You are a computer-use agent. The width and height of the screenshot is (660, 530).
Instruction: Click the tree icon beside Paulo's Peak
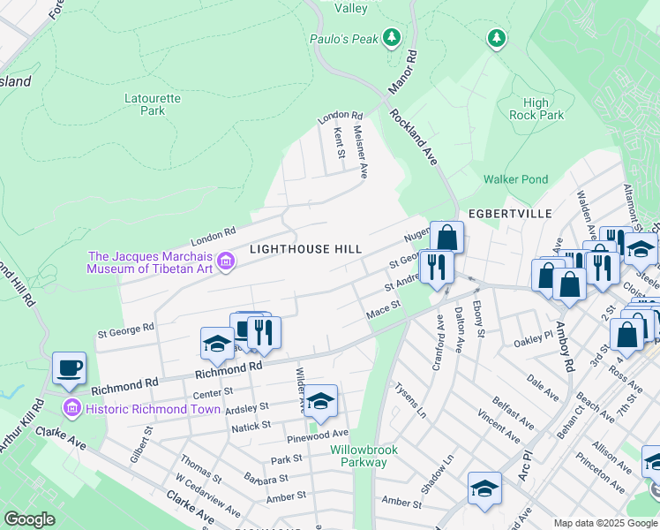[x=392, y=38]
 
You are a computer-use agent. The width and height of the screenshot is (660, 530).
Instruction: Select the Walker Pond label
[x=515, y=179]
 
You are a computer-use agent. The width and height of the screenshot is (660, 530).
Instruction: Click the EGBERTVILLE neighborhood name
[x=510, y=214]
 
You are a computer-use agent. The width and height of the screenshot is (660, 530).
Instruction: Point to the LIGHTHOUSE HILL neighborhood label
[x=305, y=249]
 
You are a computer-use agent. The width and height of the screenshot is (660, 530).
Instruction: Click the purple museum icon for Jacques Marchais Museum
[x=225, y=261]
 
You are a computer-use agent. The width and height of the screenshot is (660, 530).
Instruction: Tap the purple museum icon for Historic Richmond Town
[x=71, y=408]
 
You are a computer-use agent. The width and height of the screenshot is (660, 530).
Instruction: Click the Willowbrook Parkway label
[x=358, y=456]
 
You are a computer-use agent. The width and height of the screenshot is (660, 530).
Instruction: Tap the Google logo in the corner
[x=30, y=519]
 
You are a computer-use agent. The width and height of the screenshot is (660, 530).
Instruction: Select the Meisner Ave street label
[x=361, y=152]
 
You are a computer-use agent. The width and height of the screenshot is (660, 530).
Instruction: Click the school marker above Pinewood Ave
[x=321, y=400]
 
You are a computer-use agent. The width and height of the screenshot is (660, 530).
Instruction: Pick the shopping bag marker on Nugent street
[x=447, y=237]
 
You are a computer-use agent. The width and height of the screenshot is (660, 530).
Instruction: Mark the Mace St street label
[x=384, y=309]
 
